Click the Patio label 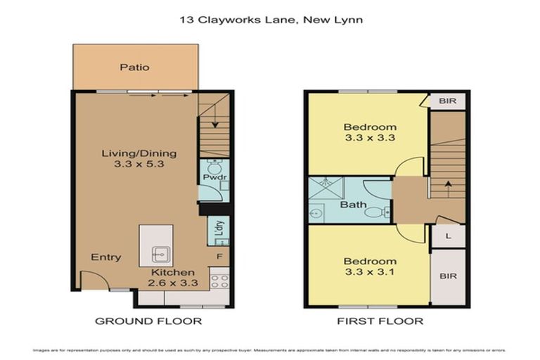(134, 67)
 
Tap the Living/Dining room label (139, 153)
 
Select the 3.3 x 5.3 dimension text (139, 166)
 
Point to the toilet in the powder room (215, 167)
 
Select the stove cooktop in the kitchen (219, 281)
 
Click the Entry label (106, 257)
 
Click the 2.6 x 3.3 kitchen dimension (173, 283)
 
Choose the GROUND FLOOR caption (148, 321)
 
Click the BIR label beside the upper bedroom (447, 102)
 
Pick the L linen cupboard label (448, 236)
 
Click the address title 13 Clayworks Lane (271, 20)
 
